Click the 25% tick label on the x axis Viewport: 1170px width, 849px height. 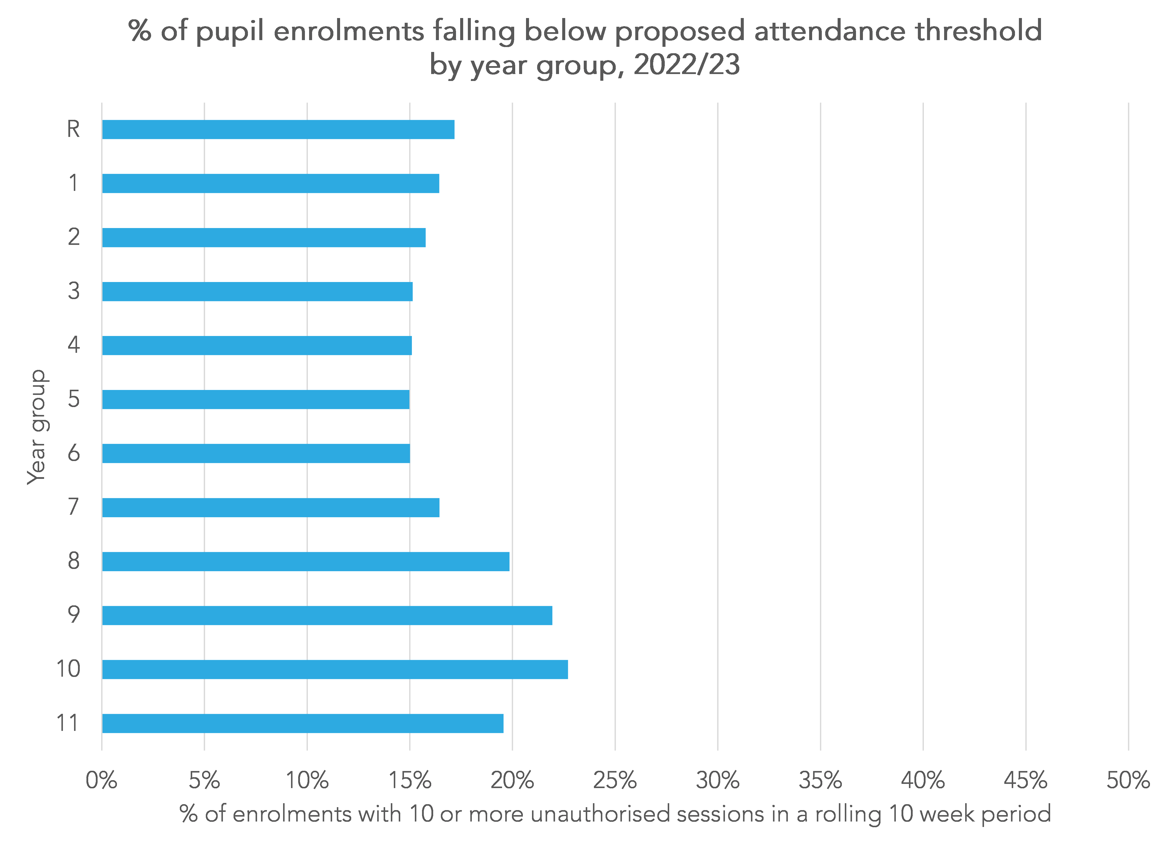coord(615,780)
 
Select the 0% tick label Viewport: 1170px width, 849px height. coord(102,780)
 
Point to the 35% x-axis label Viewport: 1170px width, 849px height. coord(820,780)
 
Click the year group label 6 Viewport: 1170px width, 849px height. coord(74,453)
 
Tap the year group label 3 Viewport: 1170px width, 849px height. coord(74,291)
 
